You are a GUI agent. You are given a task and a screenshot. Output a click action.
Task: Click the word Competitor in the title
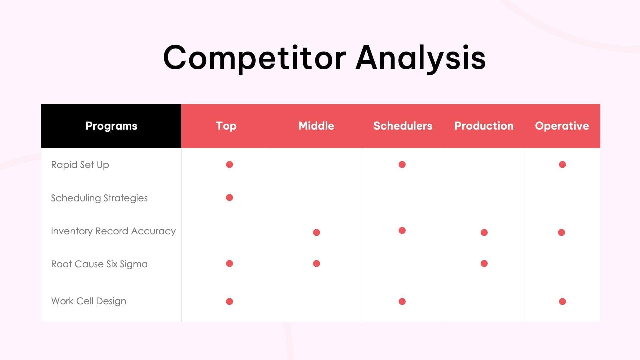[x=255, y=58]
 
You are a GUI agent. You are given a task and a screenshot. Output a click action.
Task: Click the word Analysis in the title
[x=421, y=58]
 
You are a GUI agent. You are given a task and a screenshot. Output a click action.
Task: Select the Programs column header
[x=111, y=126]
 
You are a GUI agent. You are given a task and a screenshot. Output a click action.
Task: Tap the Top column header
[x=226, y=126]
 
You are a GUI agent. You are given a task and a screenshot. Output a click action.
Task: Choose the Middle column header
[x=316, y=126]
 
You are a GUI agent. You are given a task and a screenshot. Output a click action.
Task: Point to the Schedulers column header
[x=403, y=126]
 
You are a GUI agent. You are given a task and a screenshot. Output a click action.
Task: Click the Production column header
[x=484, y=126]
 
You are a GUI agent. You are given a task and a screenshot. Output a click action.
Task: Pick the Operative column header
[x=562, y=126]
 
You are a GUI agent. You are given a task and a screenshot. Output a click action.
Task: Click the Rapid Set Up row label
[x=80, y=165]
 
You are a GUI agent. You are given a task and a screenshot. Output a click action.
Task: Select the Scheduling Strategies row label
[x=99, y=198]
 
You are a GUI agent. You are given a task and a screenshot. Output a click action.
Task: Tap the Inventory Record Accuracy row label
[x=113, y=231]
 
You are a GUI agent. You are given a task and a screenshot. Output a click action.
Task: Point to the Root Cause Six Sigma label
[x=99, y=264]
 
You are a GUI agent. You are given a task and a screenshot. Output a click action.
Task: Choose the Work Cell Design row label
[x=88, y=301]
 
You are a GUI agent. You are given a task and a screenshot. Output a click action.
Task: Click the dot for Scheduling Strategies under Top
[x=229, y=198]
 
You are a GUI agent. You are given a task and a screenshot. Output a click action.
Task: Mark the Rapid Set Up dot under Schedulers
[x=402, y=165]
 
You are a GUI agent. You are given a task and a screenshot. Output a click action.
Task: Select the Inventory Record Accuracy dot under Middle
[x=316, y=232]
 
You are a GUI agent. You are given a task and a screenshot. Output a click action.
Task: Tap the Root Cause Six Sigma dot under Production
[x=484, y=264]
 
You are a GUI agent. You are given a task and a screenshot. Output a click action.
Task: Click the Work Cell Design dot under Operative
[x=562, y=302]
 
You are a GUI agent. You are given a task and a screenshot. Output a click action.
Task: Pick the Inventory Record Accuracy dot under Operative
[x=561, y=232]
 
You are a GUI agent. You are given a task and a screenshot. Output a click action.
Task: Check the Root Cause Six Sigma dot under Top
[x=229, y=264]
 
